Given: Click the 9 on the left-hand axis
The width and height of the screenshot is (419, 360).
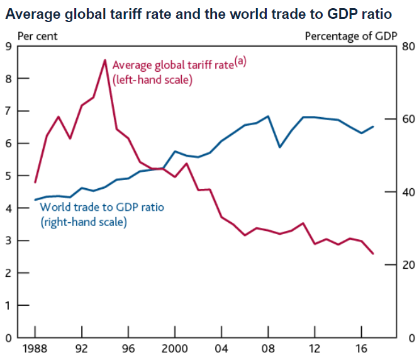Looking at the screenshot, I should tap(8, 46).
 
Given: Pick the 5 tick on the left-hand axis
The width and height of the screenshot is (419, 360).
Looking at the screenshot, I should tap(8, 176).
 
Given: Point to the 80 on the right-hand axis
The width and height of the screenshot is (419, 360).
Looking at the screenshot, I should tap(408, 46).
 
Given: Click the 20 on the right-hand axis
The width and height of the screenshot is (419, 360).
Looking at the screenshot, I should tap(408, 265).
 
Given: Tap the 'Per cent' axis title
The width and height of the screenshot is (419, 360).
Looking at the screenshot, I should tap(37, 36).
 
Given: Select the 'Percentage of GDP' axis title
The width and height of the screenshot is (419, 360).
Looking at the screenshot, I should tap(351, 36).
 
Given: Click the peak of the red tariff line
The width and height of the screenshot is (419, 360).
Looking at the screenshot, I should tap(105, 60).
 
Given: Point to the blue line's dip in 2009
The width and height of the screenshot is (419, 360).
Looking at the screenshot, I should tap(280, 147).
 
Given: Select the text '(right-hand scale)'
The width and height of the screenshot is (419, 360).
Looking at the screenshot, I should tap(83, 222).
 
